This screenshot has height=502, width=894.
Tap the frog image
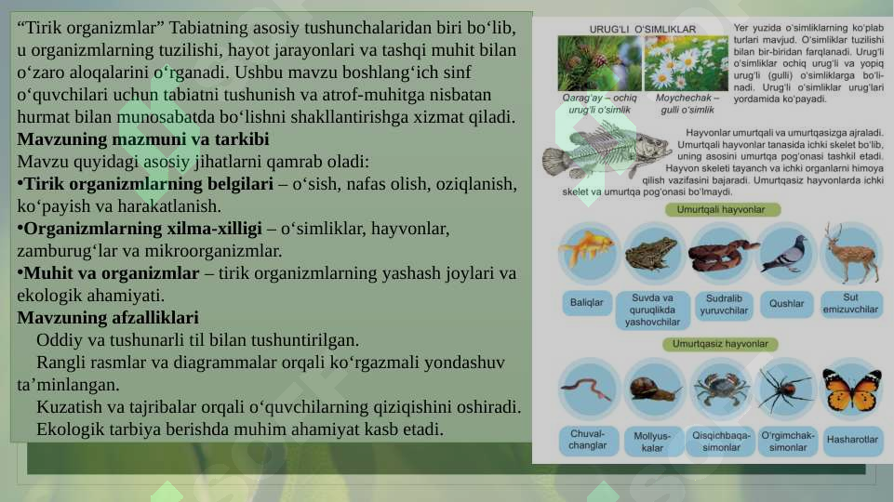651,253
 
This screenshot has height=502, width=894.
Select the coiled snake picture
722,255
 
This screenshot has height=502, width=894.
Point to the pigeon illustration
784,253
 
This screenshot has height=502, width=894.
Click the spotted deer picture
849,253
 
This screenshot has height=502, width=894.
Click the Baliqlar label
586,303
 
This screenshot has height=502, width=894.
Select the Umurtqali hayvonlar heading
721,210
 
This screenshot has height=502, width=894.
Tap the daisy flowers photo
687,62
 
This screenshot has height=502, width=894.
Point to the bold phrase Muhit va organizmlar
112,273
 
